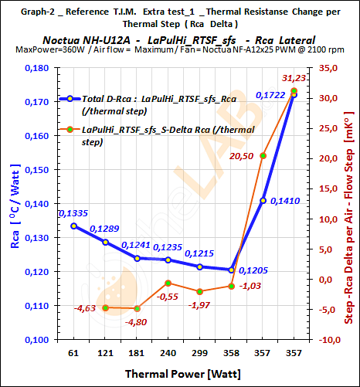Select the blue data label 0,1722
[x=270, y=93]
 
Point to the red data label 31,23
[x=294, y=78]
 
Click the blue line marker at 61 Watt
[x=73, y=226]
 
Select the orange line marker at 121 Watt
[x=105, y=307]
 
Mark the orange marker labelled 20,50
[x=263, y=156]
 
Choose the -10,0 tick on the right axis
[x=328, y=339]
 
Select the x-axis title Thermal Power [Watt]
[x=183, y=374]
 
